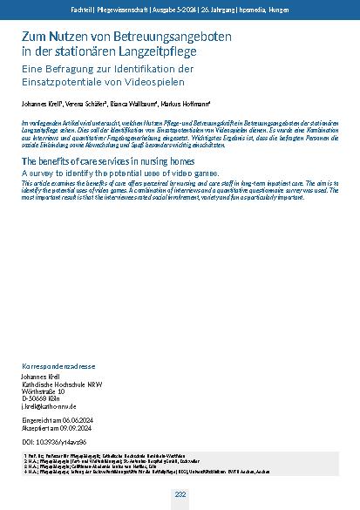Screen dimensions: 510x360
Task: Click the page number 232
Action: coord(180,494)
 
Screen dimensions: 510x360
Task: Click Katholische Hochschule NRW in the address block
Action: coord(58,383)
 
